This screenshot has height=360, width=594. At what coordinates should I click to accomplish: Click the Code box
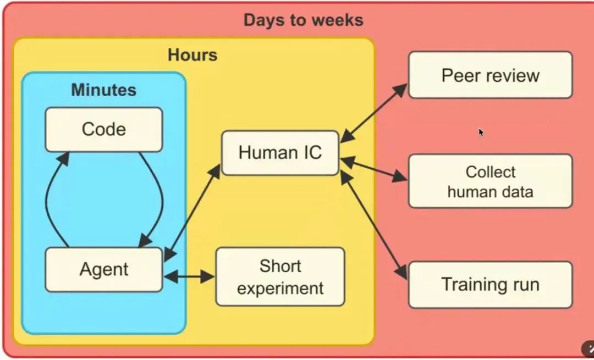(103, 130)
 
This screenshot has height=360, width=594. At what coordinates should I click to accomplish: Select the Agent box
(103, 269)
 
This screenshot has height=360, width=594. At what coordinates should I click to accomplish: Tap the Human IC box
(280, 153)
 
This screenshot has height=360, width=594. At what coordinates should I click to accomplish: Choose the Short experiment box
(280, 276)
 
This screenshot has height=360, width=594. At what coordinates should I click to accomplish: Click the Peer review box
(490, 75)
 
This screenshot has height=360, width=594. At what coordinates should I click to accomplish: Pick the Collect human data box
(490, 181)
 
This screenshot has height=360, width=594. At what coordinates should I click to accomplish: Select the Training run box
(490, 285)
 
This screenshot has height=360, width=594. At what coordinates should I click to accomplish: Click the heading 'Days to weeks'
(303, 20)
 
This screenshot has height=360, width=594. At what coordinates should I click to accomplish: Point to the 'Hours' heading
(193, 55)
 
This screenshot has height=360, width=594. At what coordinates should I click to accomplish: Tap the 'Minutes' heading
(103, 90)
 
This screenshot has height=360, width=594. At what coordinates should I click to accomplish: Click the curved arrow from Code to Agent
(159, 198)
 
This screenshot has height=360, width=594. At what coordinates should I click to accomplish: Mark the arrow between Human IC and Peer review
(374, 112)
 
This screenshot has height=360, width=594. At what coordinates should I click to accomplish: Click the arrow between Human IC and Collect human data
(374, 169)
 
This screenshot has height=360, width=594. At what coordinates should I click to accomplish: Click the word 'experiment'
(280, 288)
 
